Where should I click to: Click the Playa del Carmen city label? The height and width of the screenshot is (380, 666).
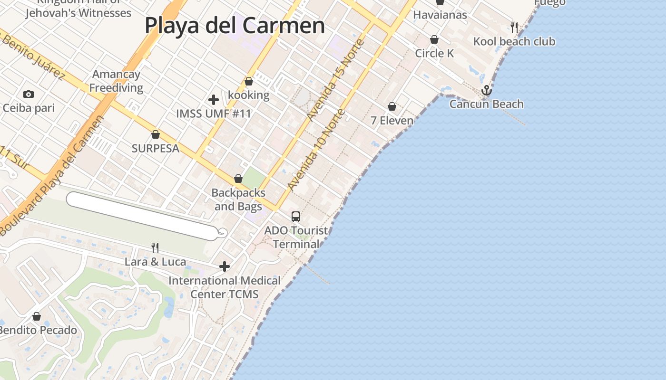235,26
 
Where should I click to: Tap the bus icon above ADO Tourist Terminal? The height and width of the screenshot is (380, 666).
296,217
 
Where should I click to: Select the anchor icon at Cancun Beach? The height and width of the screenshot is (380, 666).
486,90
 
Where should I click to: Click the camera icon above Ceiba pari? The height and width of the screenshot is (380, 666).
29,94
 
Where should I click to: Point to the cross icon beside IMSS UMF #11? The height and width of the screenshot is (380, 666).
214,100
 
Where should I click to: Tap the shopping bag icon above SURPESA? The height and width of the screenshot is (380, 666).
155,134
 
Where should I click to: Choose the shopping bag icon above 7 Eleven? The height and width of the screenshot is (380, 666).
392,106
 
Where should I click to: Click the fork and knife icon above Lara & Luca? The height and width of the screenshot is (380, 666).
155,247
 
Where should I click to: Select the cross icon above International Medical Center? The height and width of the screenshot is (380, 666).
225,266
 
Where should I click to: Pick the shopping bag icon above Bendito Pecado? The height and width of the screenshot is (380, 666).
37,316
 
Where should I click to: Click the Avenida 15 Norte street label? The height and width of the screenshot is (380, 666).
335,79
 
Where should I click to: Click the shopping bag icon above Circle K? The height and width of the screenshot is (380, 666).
434,39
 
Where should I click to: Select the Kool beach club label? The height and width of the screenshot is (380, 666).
514,42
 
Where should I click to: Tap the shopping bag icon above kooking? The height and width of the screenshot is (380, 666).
248,82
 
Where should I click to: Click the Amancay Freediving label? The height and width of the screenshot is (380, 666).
117,81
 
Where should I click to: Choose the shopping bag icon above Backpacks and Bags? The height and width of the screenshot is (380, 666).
238,179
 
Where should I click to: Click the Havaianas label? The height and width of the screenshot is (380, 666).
440,15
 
